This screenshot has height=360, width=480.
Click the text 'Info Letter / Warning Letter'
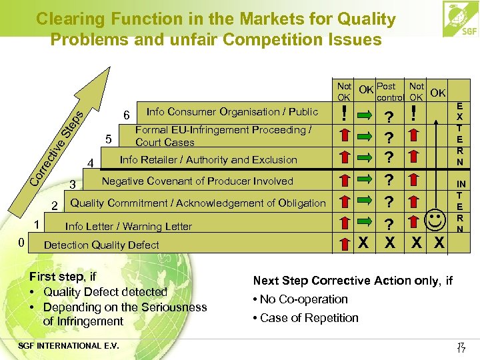pyautogui.click(x=128, y=226)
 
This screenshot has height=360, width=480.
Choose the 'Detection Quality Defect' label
pyautogui.click(x=101, y=245)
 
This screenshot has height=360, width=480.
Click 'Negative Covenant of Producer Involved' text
pyautogui.click(x=197, y=181)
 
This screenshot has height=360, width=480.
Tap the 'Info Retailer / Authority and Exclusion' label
pyautogui.click(x=208, y=159)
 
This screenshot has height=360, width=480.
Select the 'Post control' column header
pyautogui.click(x=387, y=91)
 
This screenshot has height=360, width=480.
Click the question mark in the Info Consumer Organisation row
pyautogui.click(x=389, y=115)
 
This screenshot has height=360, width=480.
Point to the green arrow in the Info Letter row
pyautogui.click(x=366, y=223)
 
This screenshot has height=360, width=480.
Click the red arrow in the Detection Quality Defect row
pyautogui.click(x=344, y=243)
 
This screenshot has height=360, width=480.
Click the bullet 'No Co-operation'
pyautogui.click(x=301, y=299)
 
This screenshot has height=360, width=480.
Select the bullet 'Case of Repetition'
pyautogui.click(x=306, y=318)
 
